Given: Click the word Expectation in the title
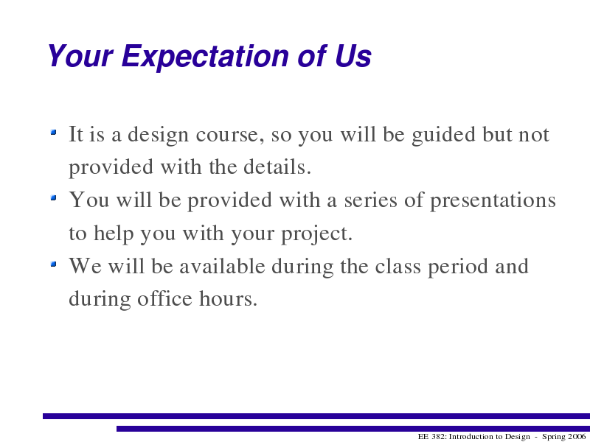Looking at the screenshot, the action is coord(206,57).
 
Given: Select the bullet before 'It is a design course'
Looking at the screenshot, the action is coord(53,132).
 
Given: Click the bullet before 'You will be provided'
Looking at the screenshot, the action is coord(53,197).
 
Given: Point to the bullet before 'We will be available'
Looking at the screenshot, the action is coord(53,264).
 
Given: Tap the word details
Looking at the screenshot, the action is coord(277,167).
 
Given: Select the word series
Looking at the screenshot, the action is coord(371,200).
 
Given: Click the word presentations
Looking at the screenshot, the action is coord(493,201).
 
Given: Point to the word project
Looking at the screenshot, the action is coord(316,234).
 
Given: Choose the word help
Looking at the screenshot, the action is coord(114,234).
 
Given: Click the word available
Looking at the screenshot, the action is coord(222,266).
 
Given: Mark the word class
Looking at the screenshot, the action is coord(398,266).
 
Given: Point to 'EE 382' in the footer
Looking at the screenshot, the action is coord(432,437).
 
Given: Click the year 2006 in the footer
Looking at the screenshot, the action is coord(576,437).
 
